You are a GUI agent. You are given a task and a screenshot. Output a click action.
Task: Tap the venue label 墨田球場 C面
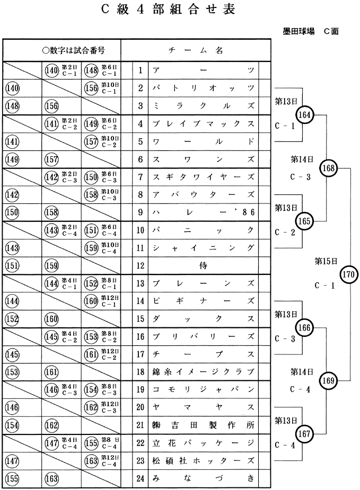311,32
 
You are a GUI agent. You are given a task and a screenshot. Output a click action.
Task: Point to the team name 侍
203,266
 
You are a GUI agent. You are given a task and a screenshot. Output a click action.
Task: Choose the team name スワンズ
203,159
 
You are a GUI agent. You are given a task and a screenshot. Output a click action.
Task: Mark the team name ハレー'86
203,212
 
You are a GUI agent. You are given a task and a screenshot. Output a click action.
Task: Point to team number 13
141,284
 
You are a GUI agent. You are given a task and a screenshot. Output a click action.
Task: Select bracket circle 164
306,115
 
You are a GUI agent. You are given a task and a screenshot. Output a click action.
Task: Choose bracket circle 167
306,433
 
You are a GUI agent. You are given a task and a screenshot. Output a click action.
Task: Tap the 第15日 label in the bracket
324,261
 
